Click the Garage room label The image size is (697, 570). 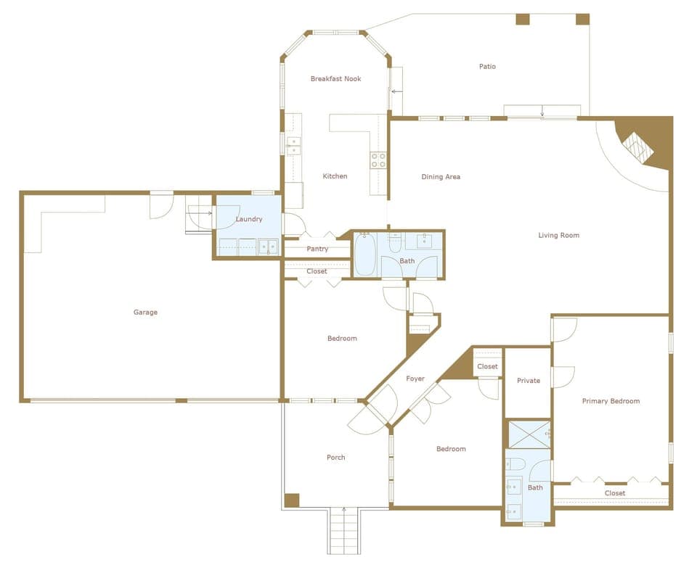tap(145, 313)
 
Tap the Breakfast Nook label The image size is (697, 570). tap(335, 78)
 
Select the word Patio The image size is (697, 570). tap(487, 67)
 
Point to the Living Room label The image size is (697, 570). tap(558, 235)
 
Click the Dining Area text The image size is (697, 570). tap(441, 177)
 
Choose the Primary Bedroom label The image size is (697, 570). tap(611, 401)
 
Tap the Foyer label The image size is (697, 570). tap(415, 379)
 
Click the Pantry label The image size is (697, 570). tap(317, 249)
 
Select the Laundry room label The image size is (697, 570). tap(249, 219)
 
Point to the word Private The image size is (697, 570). tap(528, 381)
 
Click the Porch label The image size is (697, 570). tap(335, 458)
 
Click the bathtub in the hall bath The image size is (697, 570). tap(364, 255)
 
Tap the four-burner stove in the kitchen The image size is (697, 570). tap(378, 160)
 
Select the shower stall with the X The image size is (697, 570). tap(528, 434)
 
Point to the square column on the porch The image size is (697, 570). tap(291, 500)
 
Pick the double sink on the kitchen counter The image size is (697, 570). tap(293, 146)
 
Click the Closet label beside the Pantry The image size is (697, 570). tap(317, 271)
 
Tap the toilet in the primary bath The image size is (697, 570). tap(517, 463)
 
